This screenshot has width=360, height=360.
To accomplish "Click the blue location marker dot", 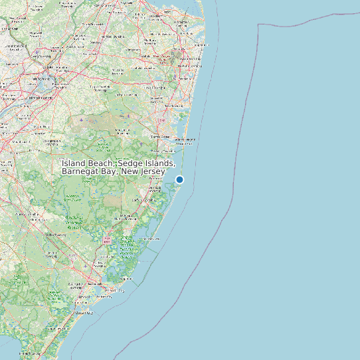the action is coord(179,179).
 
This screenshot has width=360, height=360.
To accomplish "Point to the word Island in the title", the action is coord(75,163).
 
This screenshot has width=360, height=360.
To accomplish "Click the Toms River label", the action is coord(160,136).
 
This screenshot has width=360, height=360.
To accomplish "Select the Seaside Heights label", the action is coord(184,140).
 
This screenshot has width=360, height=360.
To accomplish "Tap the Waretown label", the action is coord(157,188).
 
